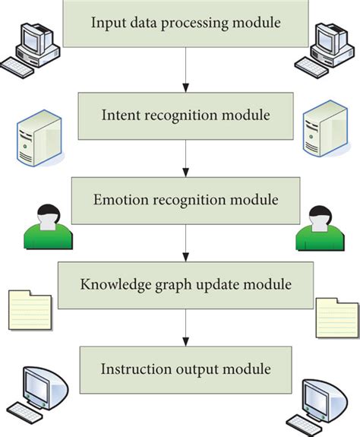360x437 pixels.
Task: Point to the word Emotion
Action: [x=121, y=201]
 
